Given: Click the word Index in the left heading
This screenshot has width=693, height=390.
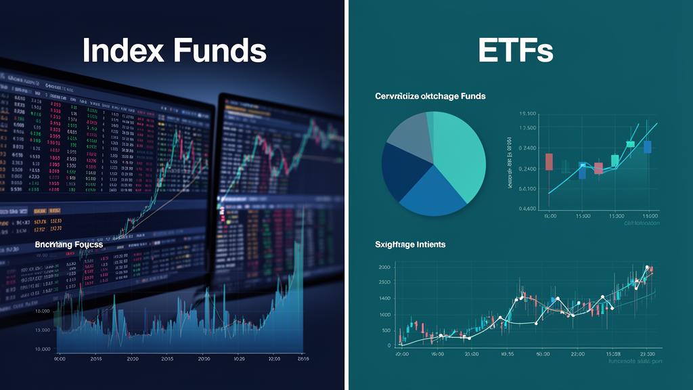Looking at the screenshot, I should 125,51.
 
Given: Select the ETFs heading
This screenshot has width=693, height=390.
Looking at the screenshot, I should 516,51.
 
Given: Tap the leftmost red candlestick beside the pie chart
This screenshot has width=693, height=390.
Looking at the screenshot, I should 548,162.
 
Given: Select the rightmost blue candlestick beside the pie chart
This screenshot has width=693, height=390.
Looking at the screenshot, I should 648,146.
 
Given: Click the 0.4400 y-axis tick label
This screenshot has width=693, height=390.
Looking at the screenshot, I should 527,209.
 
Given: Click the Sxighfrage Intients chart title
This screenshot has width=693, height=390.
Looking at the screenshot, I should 409,244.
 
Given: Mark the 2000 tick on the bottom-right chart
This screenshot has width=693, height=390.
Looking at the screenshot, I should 384,267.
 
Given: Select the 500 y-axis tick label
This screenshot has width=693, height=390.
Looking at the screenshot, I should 386,330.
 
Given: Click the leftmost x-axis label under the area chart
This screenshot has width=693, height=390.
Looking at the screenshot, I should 60,359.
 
